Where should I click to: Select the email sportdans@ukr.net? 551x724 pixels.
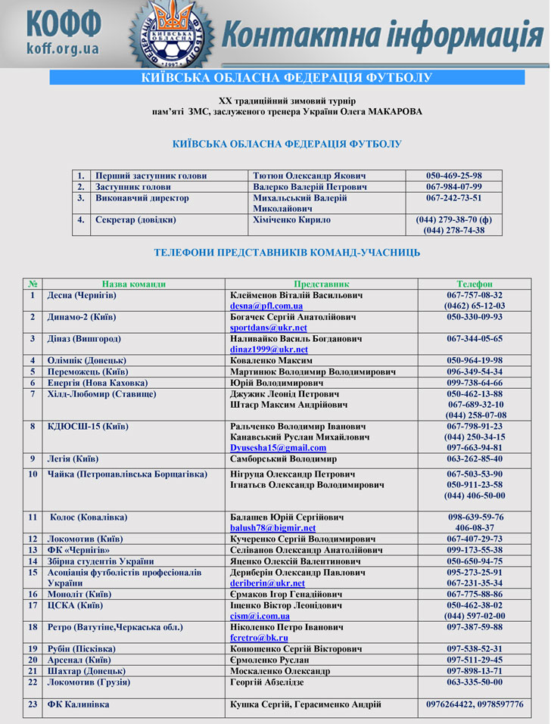(x=269, y=328)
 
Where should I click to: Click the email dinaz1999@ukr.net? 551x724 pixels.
(x=269, y=350)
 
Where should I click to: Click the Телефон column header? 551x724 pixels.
(x=475, y=284)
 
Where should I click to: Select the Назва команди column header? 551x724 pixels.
(x=134, y=284)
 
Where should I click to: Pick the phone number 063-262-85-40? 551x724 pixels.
(x=475, y=458)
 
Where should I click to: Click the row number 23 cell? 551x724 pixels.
(x=33, y=704)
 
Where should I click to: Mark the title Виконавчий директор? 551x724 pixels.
(x=142, y=198)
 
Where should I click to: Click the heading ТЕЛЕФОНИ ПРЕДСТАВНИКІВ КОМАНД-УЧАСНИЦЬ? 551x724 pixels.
(x=287, y=253)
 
